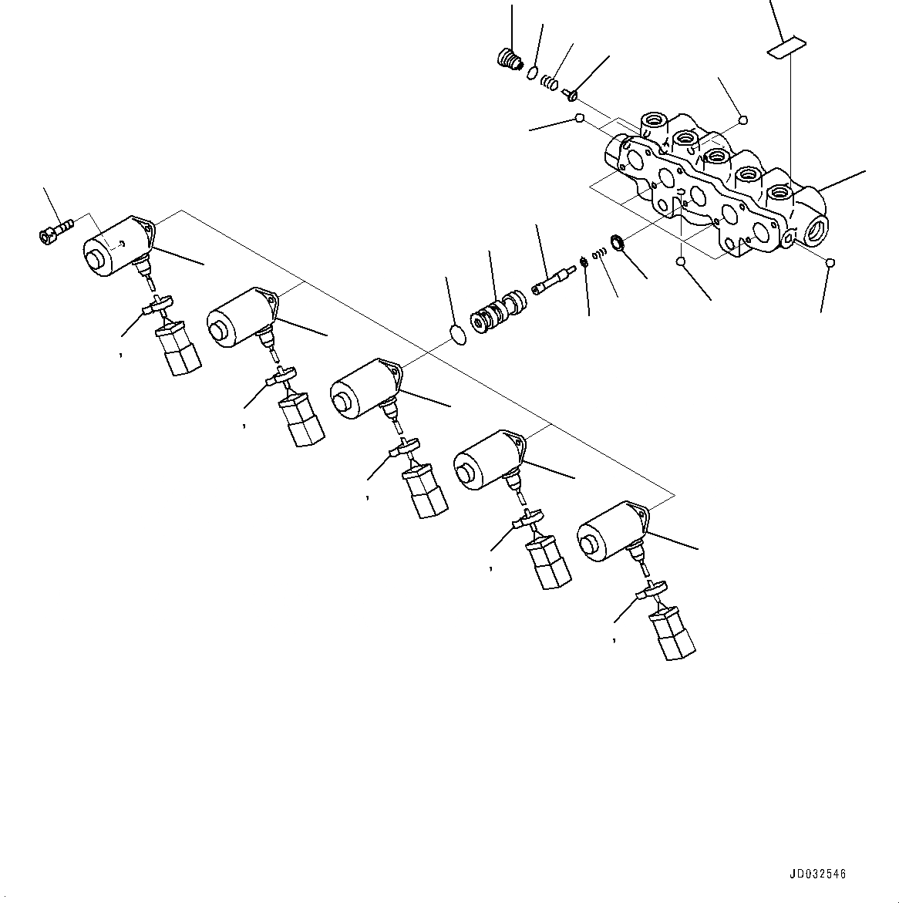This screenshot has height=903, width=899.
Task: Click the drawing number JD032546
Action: (x=817, y=874)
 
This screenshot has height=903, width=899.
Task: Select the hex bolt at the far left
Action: (x=52, y=230)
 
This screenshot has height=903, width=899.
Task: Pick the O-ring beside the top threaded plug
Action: (x=532, y=72)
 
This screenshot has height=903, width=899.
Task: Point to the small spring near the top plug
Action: (x=548, y=81)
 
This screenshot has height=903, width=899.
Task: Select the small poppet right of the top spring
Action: (x=571, y=94)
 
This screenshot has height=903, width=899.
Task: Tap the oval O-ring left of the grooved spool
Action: (x=458, y=333)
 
